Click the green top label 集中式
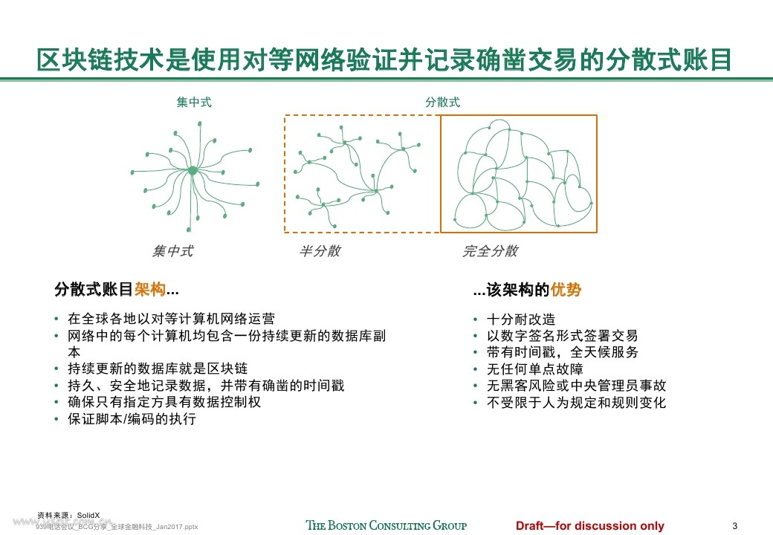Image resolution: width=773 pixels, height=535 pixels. (x=194, y=103)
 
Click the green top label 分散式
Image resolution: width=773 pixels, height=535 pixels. (x=442, y=103)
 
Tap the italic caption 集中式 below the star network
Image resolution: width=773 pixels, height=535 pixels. (x=172, y=251)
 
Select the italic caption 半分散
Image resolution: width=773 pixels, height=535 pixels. (x=320, y=251)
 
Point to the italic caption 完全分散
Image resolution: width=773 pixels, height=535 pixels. (x=490, y=251)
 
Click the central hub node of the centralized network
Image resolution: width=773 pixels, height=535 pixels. (x=193, y=171)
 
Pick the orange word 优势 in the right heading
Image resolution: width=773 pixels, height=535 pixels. (x=566, y=290)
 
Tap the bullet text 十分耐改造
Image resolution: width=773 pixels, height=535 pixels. (x=521, y=319)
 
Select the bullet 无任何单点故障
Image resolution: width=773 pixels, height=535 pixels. (x=534, y=369)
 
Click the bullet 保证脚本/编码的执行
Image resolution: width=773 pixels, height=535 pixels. (x=132, y=419)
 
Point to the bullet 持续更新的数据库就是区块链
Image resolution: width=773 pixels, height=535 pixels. (x=158, y=369)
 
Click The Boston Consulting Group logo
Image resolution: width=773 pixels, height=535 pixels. (x=386, y=525)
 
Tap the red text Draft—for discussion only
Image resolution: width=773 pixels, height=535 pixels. (x=590, y=526)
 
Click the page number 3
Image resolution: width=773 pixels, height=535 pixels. (x=734, y=525)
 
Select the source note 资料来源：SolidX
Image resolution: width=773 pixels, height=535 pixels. (x=68, y=515)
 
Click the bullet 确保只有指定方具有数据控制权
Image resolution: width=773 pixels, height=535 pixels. (x=164, y=402)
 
